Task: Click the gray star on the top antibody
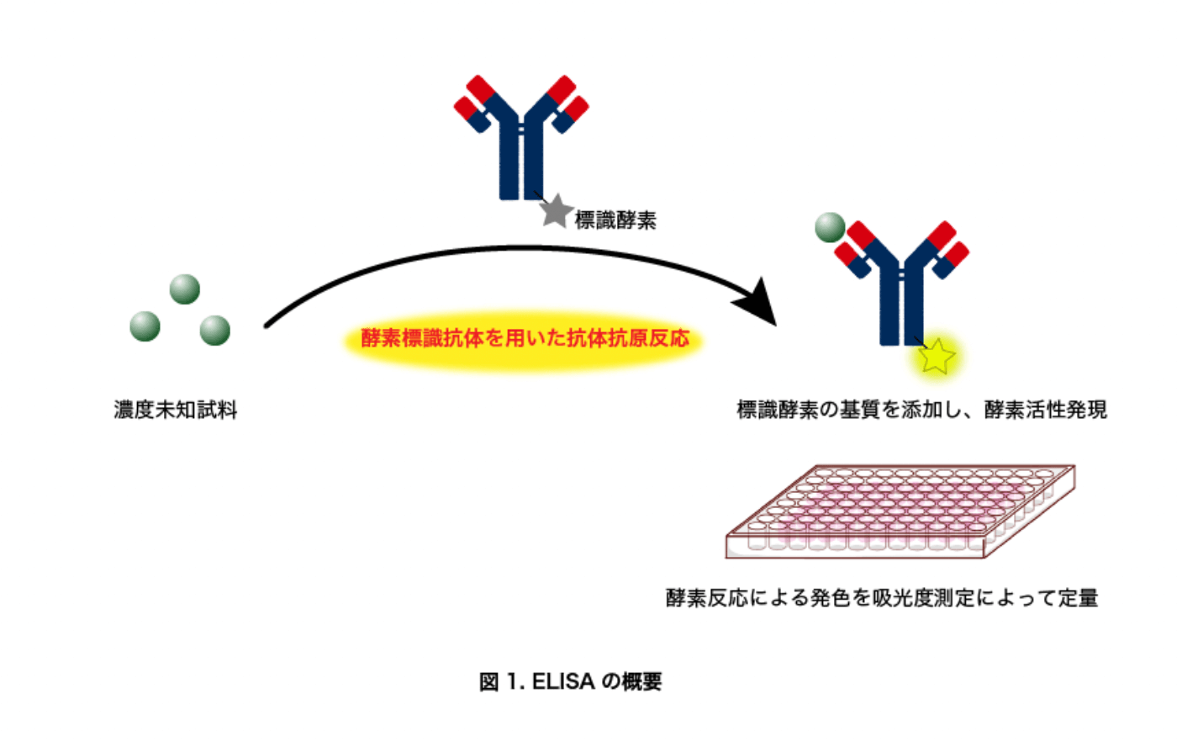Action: (556, 211)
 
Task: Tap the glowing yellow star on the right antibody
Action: (936, 357)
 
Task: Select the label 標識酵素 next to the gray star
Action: (615, 220)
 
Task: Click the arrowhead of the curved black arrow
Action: (758, 302)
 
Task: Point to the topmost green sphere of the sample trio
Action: (185, 289)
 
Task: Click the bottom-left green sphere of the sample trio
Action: (145, 326)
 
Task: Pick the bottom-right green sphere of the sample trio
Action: (215, 331)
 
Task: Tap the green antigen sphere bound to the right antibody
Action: (830, 227)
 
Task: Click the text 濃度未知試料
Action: (176, 410)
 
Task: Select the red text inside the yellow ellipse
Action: (525, 338)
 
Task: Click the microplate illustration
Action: (900, 511)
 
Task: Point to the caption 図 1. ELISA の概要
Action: (570, 681)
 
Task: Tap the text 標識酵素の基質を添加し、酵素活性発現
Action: (921, 410)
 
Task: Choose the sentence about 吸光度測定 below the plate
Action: (882, 598)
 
